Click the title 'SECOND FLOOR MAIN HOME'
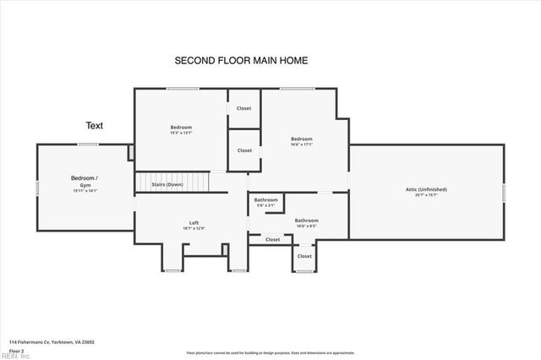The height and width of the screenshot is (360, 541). tap(240, 61)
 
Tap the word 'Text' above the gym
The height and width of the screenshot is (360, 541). tap(94, 125)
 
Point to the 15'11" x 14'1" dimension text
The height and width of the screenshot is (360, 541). tap(85, 191)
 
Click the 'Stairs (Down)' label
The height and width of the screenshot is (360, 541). tap(167, 184)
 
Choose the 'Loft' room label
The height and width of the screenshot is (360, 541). tap(194, 223)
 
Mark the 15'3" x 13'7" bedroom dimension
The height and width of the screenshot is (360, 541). tap(181, 133)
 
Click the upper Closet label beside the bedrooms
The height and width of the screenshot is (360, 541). tap(243, 108)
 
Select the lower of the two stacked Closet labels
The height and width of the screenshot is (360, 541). tap(244, 150)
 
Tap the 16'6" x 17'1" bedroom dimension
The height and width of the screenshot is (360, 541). tap(302, 145)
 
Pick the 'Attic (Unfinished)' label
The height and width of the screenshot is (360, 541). tap(426, 189)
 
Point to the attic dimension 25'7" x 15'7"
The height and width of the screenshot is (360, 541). tap(426, 195)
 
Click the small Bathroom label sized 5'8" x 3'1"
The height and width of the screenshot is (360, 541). tap(265, 200)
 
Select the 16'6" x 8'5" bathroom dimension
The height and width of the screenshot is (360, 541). tap(306, 226)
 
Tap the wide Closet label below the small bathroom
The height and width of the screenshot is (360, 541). tap(272, 239)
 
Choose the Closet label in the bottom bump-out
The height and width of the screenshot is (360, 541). tap(304, 256)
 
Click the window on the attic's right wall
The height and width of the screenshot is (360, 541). tap(504, 192)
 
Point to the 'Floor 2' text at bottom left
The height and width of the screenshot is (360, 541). tap(16, 350)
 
